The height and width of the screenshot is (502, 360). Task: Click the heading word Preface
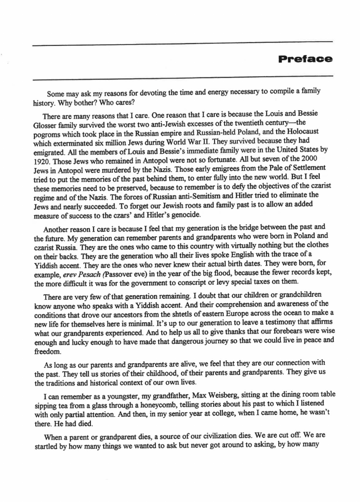(305, 59)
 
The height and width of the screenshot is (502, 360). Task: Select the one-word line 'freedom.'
(48, 352)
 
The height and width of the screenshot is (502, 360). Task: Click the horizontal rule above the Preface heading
(182, 44)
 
